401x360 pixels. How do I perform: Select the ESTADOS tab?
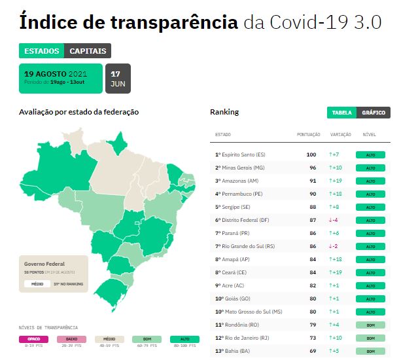click(41, 51)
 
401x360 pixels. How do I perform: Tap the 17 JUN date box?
click(118, 79)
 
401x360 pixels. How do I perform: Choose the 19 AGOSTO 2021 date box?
click(60, 79)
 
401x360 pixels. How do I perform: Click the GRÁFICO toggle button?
click(374, 113)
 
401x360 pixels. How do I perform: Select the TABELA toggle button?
click(341, 113)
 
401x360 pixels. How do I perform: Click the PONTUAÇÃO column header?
click(308, 135)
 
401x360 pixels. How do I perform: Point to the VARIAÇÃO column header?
click(341, 135)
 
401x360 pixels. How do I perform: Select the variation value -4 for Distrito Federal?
click(334, 220)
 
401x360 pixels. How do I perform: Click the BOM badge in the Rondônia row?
click(370, 325)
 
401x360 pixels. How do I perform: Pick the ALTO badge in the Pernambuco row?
click(370, 194)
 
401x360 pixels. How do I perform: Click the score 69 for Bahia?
click(313, 351)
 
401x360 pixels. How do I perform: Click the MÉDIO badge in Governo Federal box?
click(37, 284)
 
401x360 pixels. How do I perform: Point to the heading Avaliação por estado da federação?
click(78, 112)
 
